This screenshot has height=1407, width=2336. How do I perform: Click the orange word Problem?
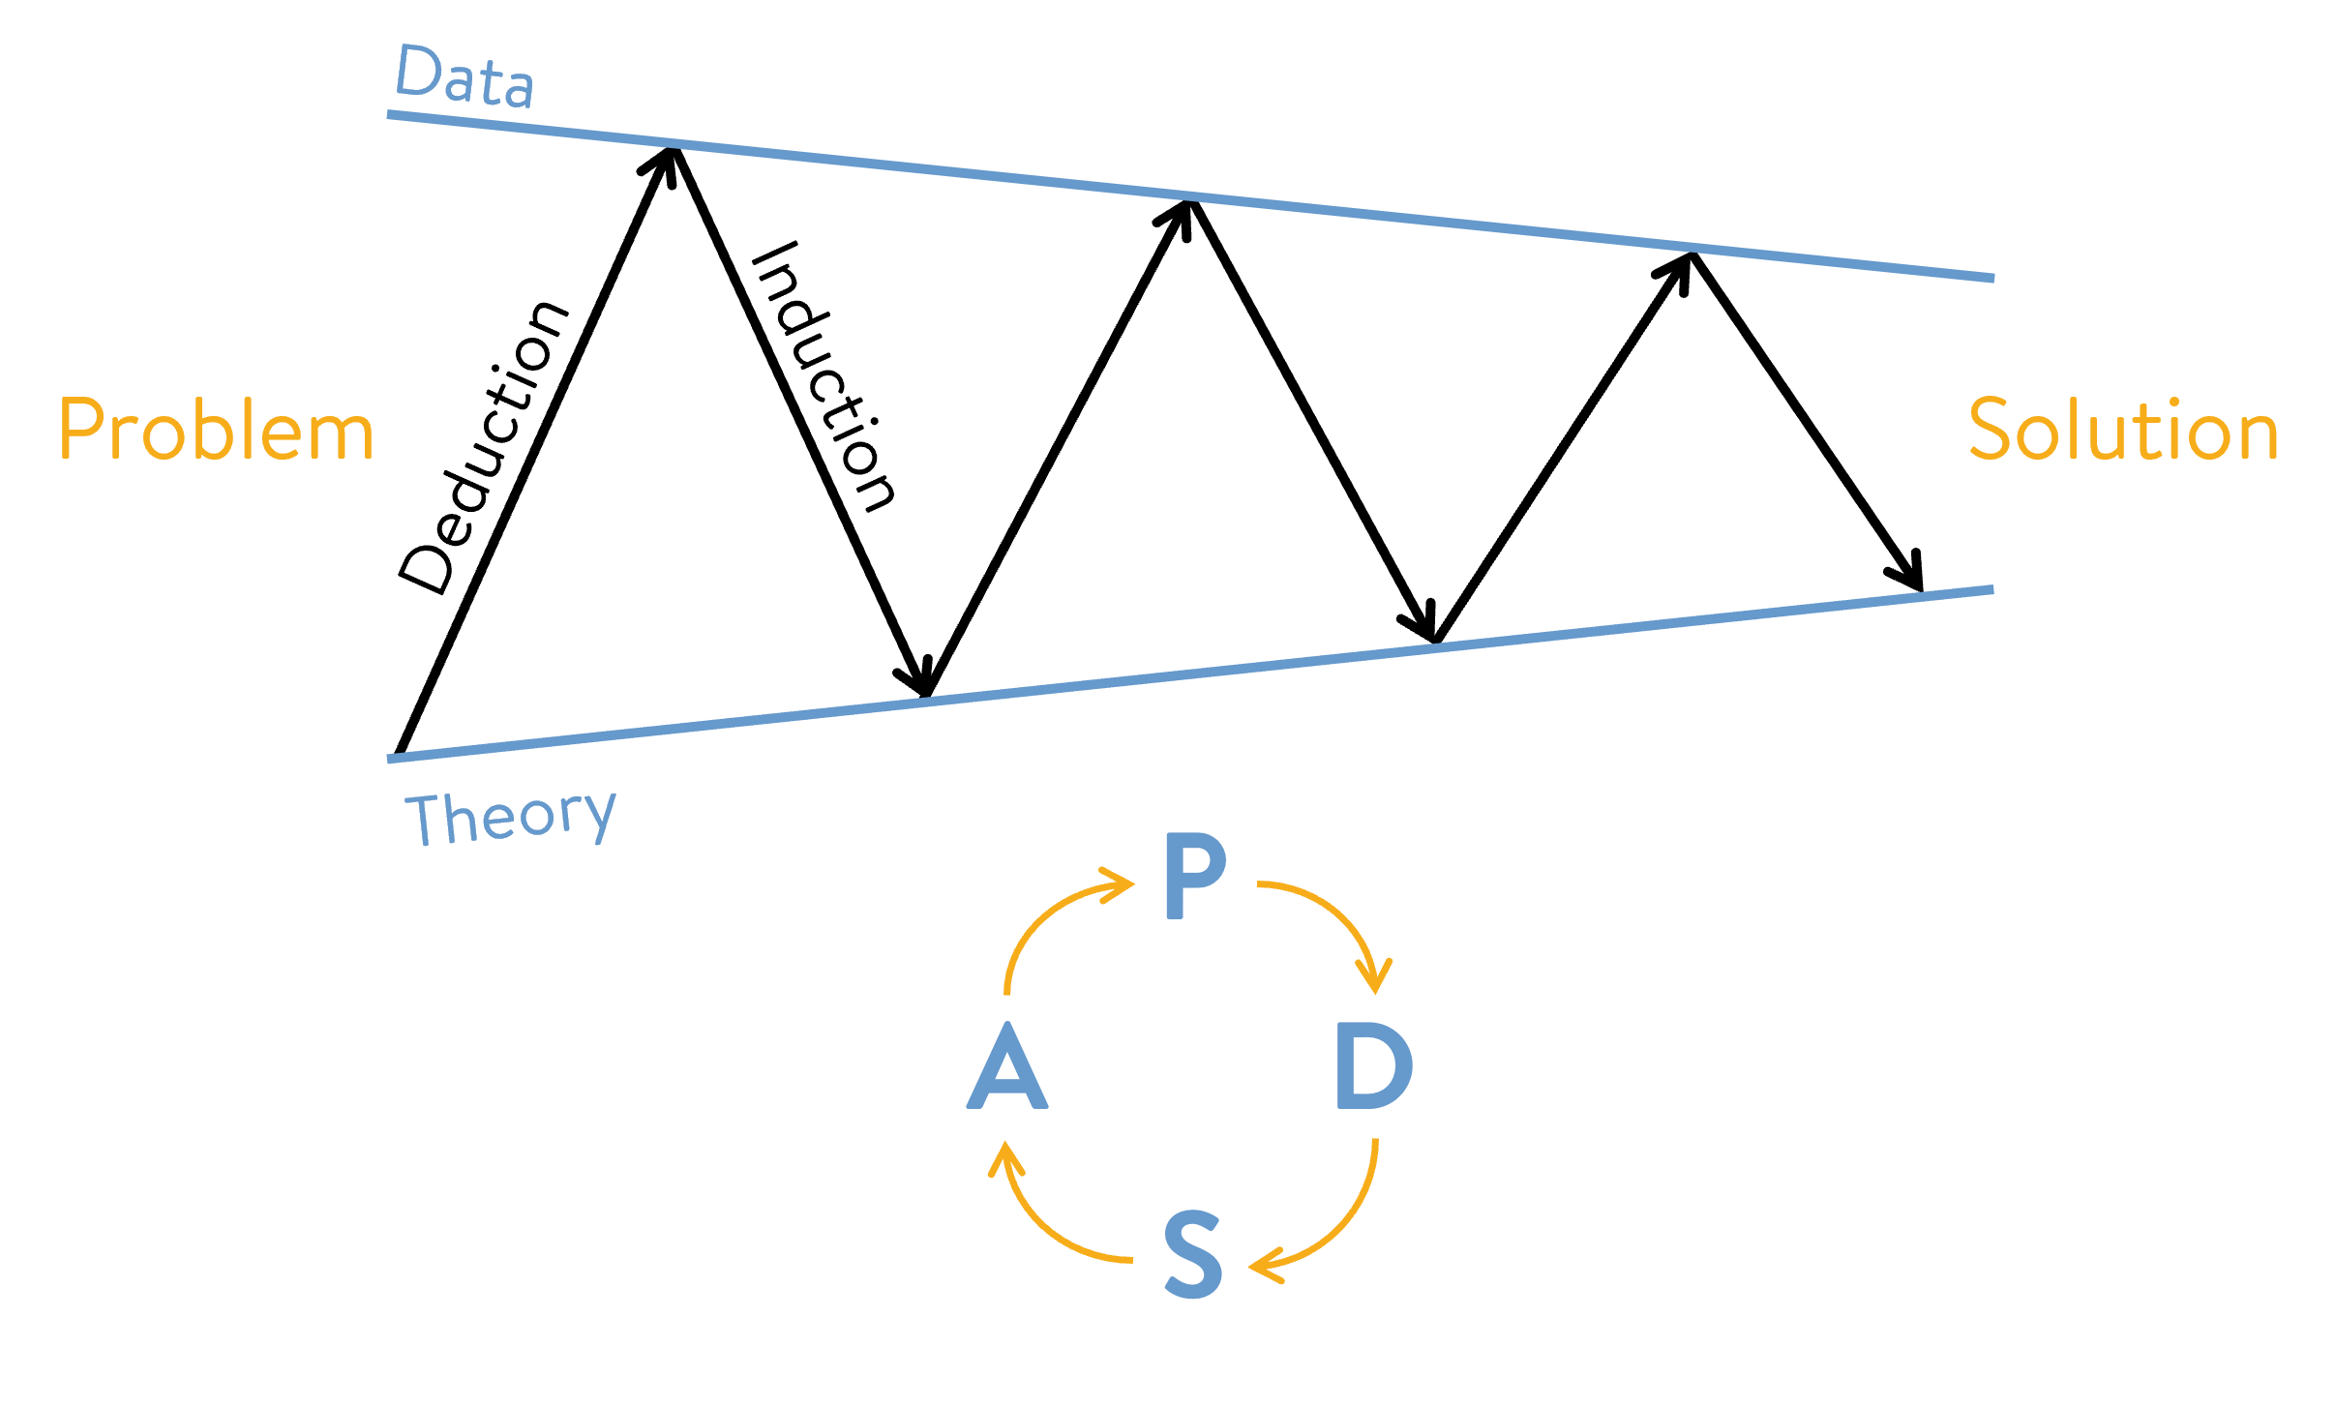click(216, 430)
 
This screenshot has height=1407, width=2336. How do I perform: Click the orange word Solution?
click(2124, 429)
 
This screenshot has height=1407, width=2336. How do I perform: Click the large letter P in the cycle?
click(1194, 876)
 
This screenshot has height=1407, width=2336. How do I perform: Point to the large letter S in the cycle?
click(1193, 1254)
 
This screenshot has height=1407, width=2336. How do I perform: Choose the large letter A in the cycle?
click(1007, 1066)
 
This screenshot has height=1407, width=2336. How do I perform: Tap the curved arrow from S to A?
click(1045, 1219)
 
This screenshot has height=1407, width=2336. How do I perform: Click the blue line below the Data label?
click(1190, 196)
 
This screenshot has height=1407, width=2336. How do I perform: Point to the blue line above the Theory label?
click(1190, 674)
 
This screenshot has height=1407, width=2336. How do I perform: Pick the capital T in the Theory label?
click(426, 820)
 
